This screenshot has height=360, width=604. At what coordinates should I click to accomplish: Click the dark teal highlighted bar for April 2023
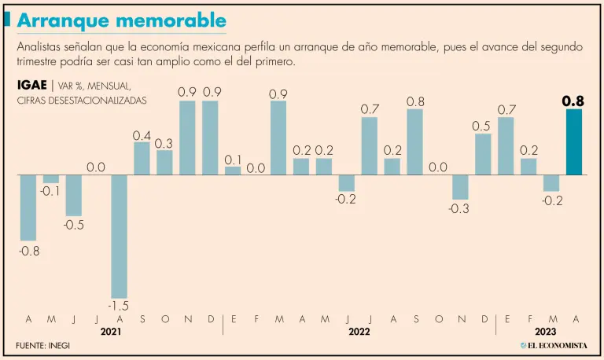[x=574, y=141]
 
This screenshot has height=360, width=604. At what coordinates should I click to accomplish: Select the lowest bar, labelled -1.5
[x=120, y=236]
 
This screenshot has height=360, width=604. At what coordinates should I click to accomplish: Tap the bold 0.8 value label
[x=573, y=101]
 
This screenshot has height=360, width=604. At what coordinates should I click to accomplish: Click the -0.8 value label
[x=28, y=252]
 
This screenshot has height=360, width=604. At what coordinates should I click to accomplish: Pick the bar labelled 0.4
[x=142, y=158]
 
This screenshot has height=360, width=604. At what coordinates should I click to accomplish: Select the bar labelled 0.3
[x=164, y=162]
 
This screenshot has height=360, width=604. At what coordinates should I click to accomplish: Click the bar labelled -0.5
[x=74, y=194]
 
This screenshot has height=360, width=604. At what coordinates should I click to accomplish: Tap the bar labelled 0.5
[x=483, y=154]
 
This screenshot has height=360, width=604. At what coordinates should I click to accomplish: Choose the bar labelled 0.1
[x=233, y=170]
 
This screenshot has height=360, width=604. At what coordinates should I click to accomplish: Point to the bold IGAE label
[x=32, y=86]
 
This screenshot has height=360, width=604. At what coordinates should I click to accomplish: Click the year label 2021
[x=110, y=332]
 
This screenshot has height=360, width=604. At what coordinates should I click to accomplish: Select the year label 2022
[x=359, y=332]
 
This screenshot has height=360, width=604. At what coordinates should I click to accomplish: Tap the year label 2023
[x=547, y=332]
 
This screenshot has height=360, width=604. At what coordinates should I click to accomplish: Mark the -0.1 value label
[x=51, y=193]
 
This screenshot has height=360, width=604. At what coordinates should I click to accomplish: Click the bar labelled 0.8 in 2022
[x=415, y=141]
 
